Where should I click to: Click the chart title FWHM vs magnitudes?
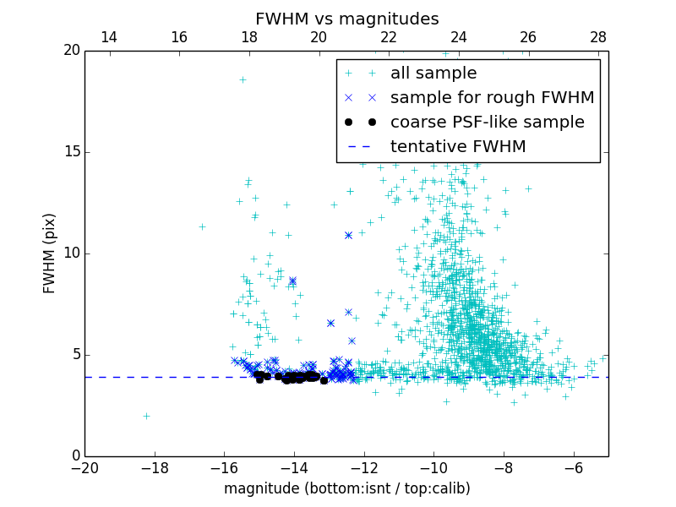(x=346, y=19)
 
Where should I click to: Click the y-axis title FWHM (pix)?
(x=50, y=253)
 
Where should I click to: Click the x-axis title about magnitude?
(x=346, y=488)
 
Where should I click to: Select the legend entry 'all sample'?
(x=433, y=74)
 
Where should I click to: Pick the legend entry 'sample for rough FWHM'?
(x=492, y=98)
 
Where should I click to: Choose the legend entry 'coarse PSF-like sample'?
(x=487, y=123)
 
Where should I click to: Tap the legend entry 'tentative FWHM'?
(x=457, y=147)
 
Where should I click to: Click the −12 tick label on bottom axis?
(x=363, y=467)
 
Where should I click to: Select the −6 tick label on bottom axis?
(x=573, y=467)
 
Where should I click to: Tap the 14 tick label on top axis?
(x=109, y=37)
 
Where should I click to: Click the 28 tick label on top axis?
(x=598, y=37)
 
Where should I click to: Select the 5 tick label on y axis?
(x=74, y=355)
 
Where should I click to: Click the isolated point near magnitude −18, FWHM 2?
(x=146, y=416)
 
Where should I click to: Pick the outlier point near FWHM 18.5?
(x=243, y=79)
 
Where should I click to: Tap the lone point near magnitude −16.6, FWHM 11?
(x=202, y=226)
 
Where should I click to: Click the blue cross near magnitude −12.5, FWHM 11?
(x=348, y=235)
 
